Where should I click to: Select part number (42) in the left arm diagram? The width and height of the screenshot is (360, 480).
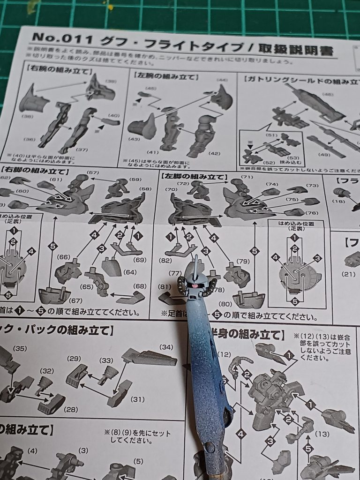point(216,153)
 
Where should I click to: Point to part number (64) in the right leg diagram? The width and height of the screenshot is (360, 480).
point(130,272)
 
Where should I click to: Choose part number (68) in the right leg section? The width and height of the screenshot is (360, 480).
point(139,286)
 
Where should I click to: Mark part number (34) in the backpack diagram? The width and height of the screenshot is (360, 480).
point(166,347)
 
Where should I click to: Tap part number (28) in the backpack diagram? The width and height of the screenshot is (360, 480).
point(71,409)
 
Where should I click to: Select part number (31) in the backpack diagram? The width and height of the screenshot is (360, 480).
point(136,399)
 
